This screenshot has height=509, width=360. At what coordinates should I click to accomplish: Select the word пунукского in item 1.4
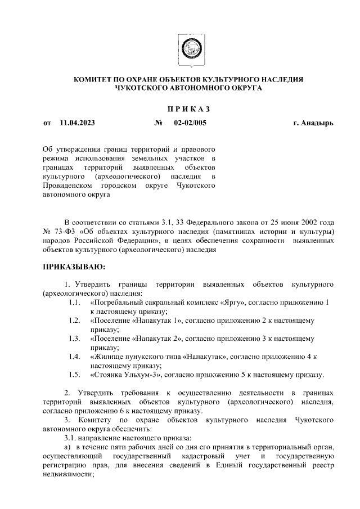coord(145,357)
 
